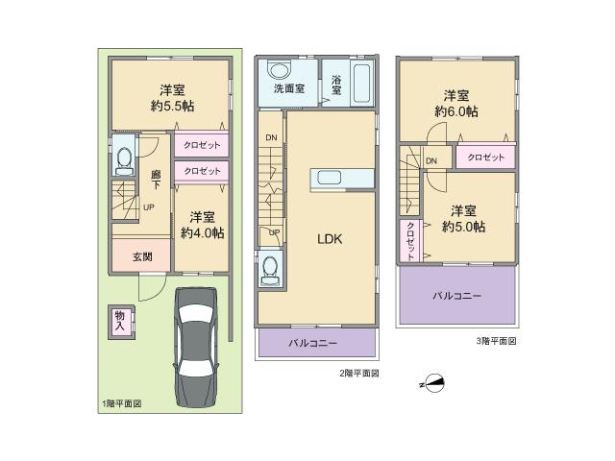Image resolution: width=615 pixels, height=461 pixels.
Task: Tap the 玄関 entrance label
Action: [x=142, y=256]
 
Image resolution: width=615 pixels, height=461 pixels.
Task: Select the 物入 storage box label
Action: [x=120, y=322]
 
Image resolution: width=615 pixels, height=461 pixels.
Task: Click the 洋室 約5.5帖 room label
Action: [x=171, y=98]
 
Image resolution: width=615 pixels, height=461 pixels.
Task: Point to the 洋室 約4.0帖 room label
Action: [x=201, y=225]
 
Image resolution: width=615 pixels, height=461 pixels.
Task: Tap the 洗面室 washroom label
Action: [x=288, y=89]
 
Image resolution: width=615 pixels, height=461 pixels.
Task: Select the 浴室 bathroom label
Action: [x=337, y=85]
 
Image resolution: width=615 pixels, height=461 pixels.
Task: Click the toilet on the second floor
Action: [x=270, y=269]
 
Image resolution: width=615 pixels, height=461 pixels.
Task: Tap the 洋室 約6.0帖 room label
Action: [x=456, y=103]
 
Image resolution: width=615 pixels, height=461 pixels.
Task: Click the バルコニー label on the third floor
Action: [x=456, y=296]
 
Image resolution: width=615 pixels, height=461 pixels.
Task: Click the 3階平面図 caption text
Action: [x=495, y=341]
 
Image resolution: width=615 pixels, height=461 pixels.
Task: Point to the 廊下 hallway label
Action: [x=155, y=181]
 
